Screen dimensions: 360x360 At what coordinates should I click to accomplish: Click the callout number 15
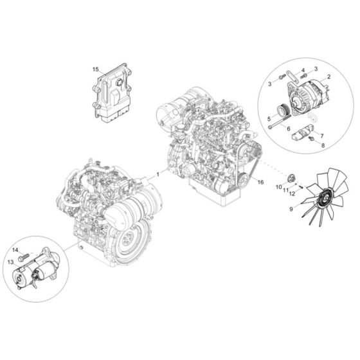(x=95, y=67)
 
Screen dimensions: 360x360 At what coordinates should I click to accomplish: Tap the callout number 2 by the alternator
(x=329, y=78)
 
